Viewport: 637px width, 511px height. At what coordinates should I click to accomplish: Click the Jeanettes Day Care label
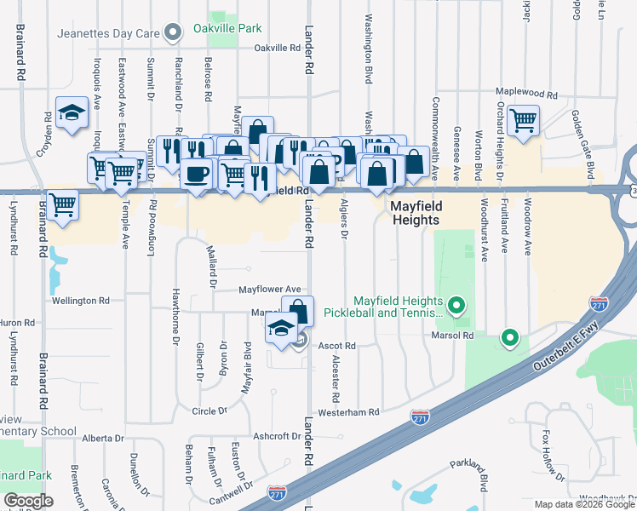pos(108,34)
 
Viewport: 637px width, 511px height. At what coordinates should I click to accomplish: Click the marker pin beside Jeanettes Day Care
pos(174,34)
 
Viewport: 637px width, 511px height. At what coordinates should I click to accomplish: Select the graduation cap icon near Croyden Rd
pos(72,112)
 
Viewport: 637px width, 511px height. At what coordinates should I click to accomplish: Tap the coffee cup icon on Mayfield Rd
pos(197,174)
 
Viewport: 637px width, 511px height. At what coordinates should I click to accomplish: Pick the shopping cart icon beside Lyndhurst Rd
pos(62,204)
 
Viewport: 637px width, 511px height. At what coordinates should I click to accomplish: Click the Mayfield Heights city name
pos(415,213)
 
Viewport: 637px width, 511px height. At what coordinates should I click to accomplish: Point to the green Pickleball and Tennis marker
pos(457,305)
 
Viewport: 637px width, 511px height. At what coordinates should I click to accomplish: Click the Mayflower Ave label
pos(270,290)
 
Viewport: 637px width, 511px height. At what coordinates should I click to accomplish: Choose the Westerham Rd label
pos(349,412)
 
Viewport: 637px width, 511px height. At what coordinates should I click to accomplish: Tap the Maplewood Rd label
pos(528,95)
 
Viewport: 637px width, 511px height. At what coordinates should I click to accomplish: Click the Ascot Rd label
pos(336,347)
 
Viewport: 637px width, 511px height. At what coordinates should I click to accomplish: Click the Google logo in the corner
pos(28,501)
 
